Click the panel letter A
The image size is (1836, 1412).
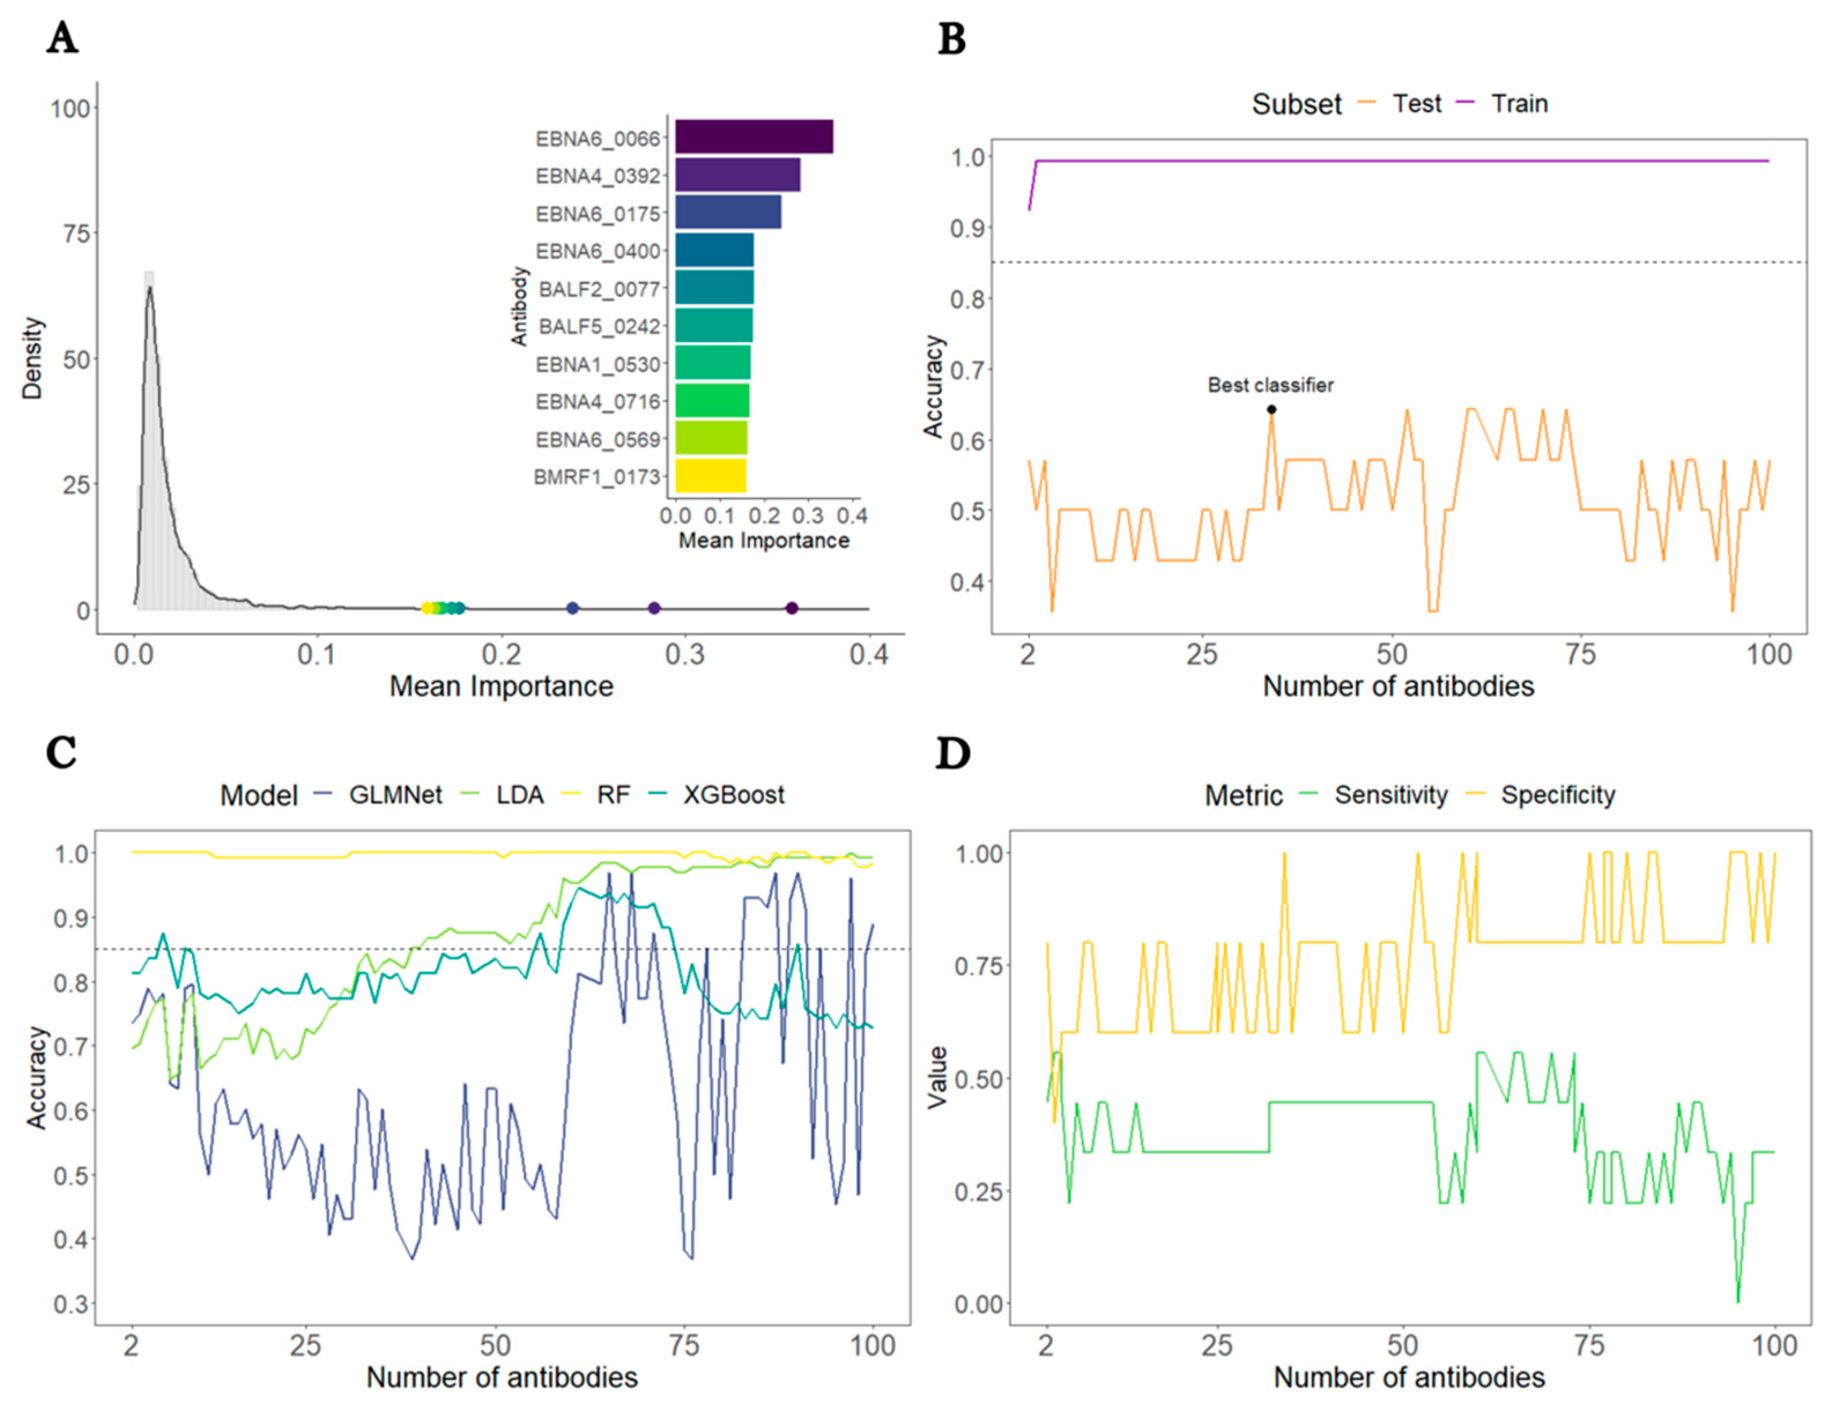click(x=62, y=39)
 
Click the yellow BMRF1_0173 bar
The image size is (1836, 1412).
click(x=710, y=475)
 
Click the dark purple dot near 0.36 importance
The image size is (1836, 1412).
click(x=791, y=608)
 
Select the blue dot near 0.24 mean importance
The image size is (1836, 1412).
click(x=573, y=608)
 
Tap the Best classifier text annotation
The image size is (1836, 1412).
click(x=1270, y=385)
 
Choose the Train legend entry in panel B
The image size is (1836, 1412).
click(x=1518, y=103)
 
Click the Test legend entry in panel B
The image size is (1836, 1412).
click(x=1416, y=103)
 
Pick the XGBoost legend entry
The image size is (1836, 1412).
click(x=733, y=795)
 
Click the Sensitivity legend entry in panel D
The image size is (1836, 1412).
click(x=1390, y=795)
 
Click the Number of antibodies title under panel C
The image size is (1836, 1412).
click(x=502, y=1377)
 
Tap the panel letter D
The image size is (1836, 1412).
click(x=952, y=754)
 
